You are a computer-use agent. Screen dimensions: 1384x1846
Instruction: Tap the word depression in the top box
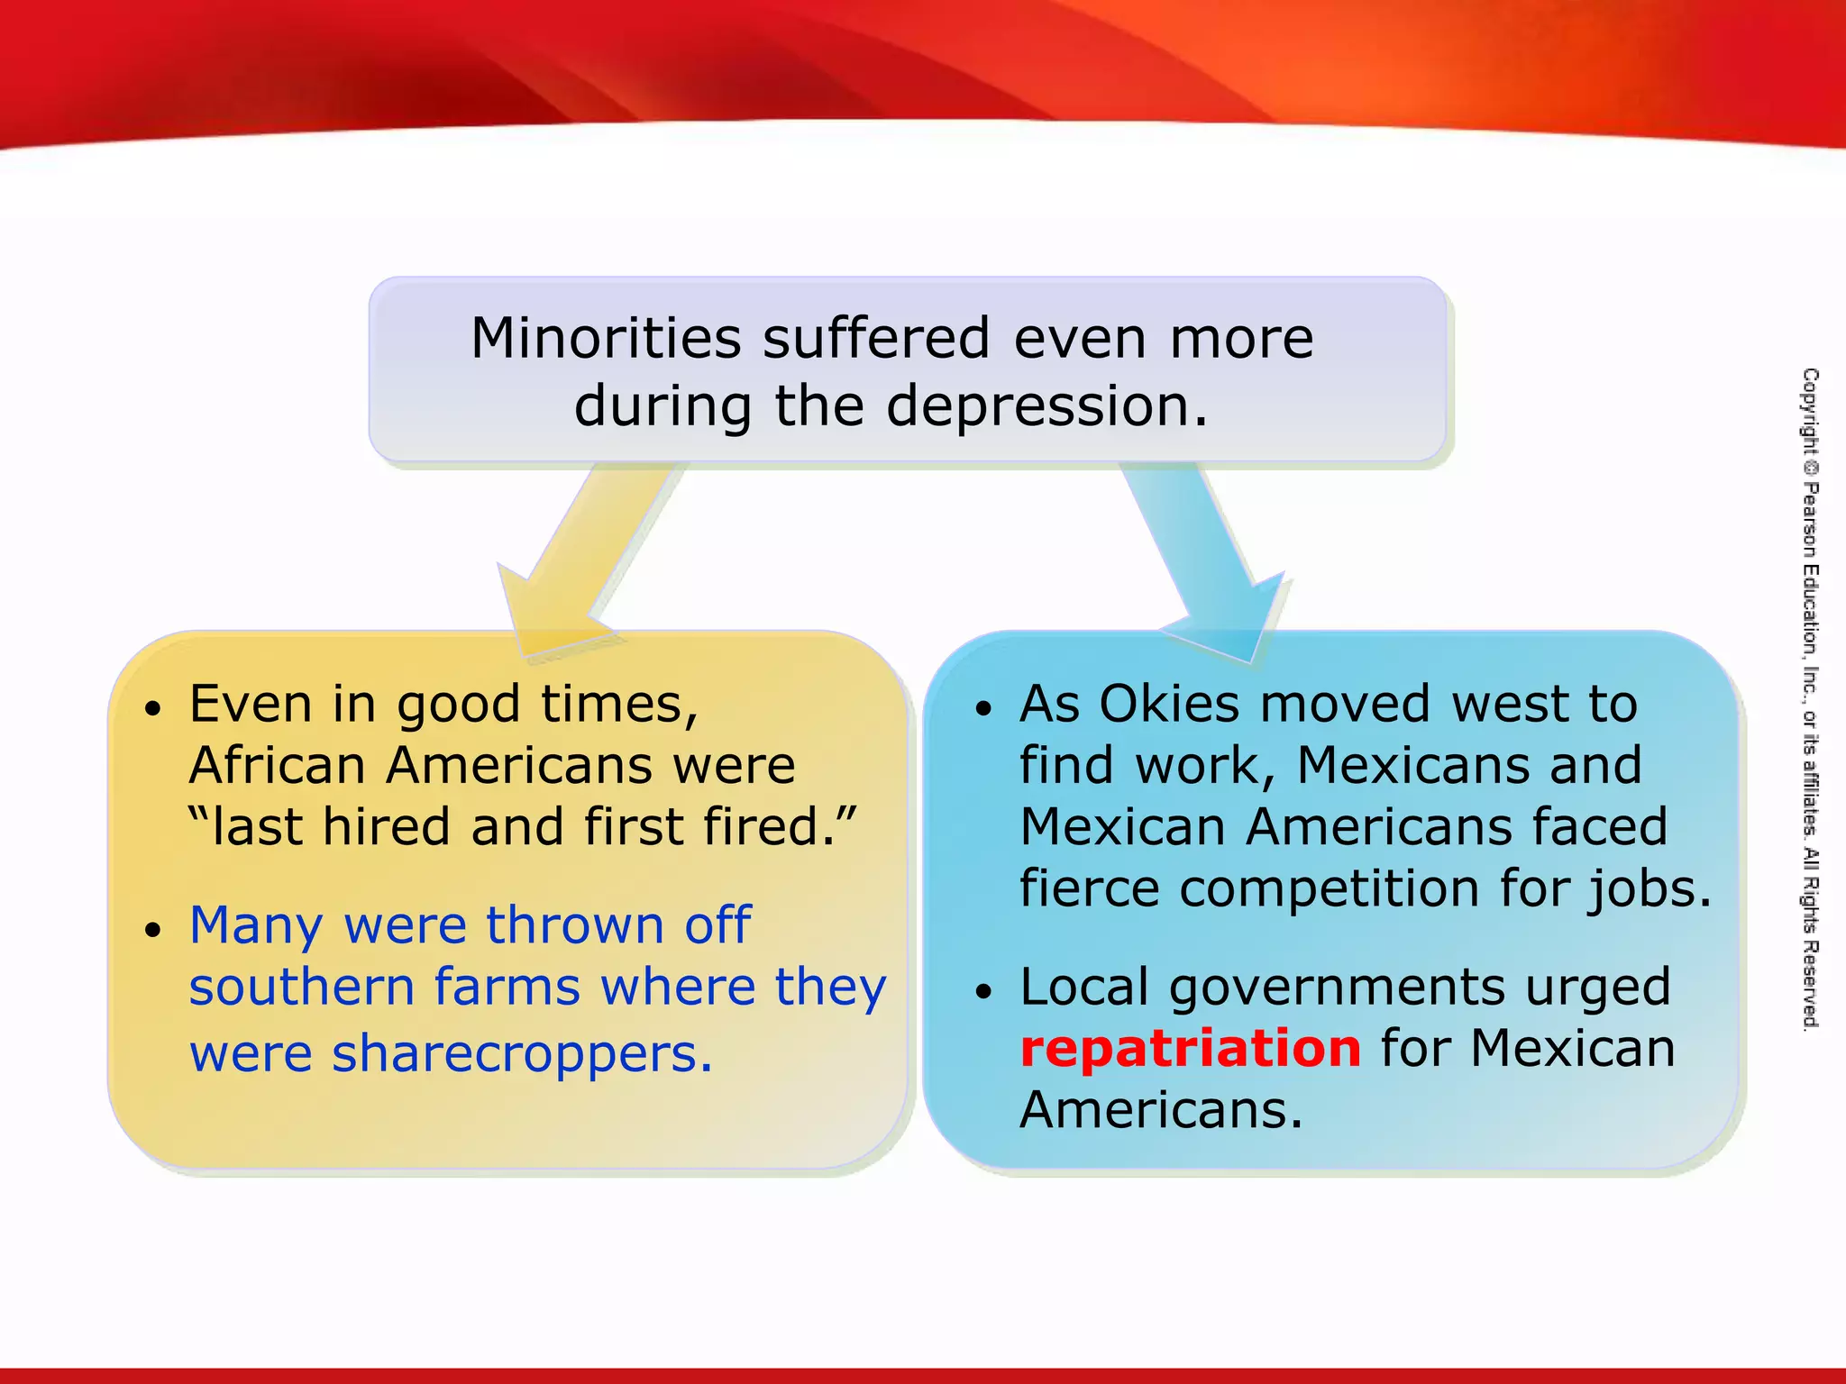click(1046, 406)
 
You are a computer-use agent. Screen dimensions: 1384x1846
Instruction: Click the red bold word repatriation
click(1190, 1048)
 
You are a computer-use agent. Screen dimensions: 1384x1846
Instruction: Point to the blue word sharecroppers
click(523, 1053)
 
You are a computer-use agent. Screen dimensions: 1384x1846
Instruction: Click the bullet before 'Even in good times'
click(154, 709)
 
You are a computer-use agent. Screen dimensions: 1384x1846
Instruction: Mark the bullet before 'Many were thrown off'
click(154, 930)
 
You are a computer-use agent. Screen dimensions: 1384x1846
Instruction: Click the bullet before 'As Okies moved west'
click(983, 709)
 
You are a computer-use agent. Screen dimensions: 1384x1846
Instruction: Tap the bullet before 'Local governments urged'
click(983, 992)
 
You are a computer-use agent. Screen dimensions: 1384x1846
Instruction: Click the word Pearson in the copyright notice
click(1810, 520)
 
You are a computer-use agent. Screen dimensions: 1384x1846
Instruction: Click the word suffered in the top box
click(877, 339)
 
